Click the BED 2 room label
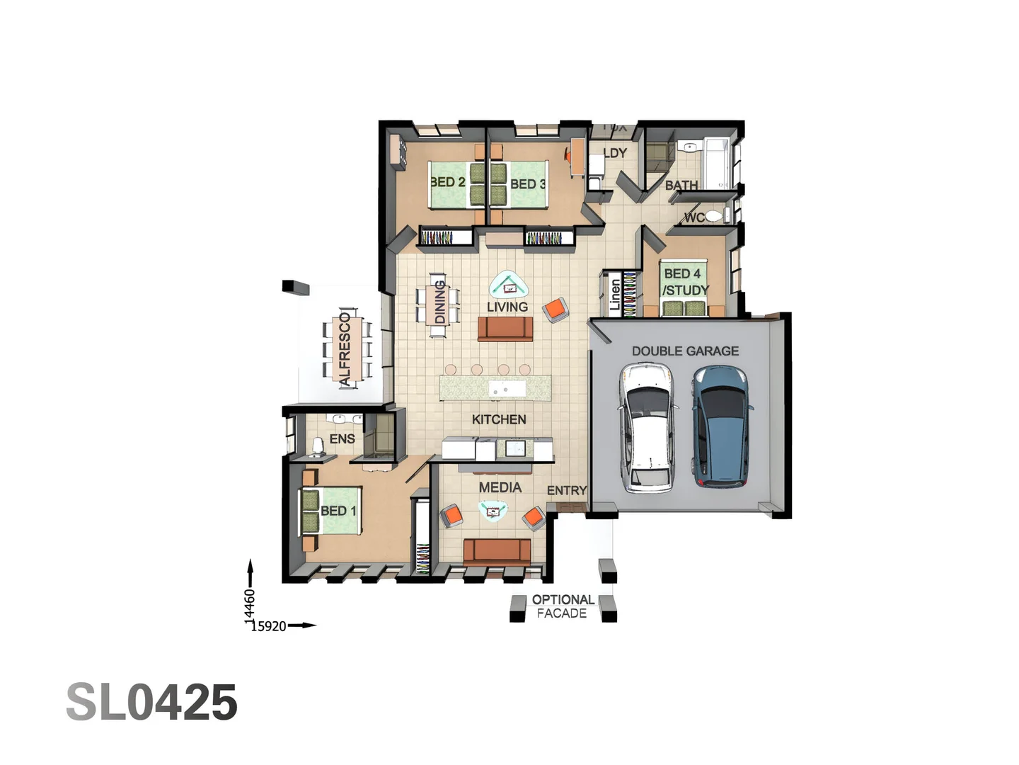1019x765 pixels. click(x=448, y=182)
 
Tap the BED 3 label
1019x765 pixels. click(x=528, y=184)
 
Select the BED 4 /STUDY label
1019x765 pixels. click(x=684, y=282)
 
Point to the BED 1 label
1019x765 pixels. click(x=338, y=511)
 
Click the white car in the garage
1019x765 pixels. click(x=646, y=427)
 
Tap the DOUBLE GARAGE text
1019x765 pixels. click(x=685, y=351)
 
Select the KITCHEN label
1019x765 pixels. click(x=499, y=419)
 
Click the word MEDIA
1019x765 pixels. click(x=500, y=487)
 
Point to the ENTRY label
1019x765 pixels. click(x=567, y=490)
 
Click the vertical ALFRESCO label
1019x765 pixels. click(x=345, y=349)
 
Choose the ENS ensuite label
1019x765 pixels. click(x=342, y=439)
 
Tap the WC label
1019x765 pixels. click(x=694, y=217)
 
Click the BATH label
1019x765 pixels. click(x=681, y=185)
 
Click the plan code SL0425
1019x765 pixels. click(x=151, y=703)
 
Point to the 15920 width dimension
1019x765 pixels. click(x=269, y=626)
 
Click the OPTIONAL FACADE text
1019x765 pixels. click(x=563, y=606)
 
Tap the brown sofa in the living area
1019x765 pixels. click(x=505, y=329)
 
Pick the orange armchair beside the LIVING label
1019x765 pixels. click(x=555, y=310)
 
